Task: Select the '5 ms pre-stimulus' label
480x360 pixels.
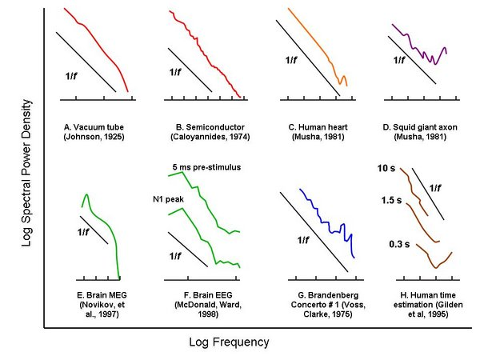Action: (205, 166)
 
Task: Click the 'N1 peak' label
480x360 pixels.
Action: (170, 198)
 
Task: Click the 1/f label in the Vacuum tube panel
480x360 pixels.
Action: (73, 76)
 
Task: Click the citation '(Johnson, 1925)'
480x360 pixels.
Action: (94, 138)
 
